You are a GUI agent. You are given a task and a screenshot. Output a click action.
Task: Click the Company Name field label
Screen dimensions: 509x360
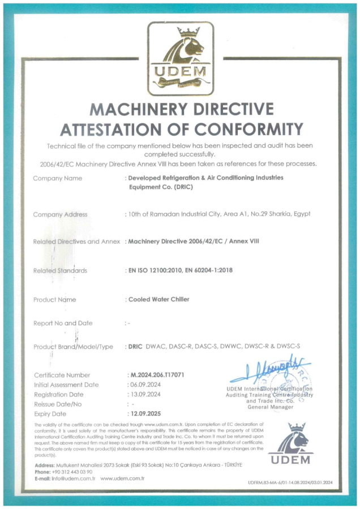point(57,178)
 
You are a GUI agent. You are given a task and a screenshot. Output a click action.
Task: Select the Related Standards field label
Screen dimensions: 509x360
point(60,270)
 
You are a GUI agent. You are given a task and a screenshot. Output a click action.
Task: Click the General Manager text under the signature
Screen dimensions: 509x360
point(270,407)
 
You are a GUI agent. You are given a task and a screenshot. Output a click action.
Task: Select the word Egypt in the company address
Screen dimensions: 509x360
point(301,214)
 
